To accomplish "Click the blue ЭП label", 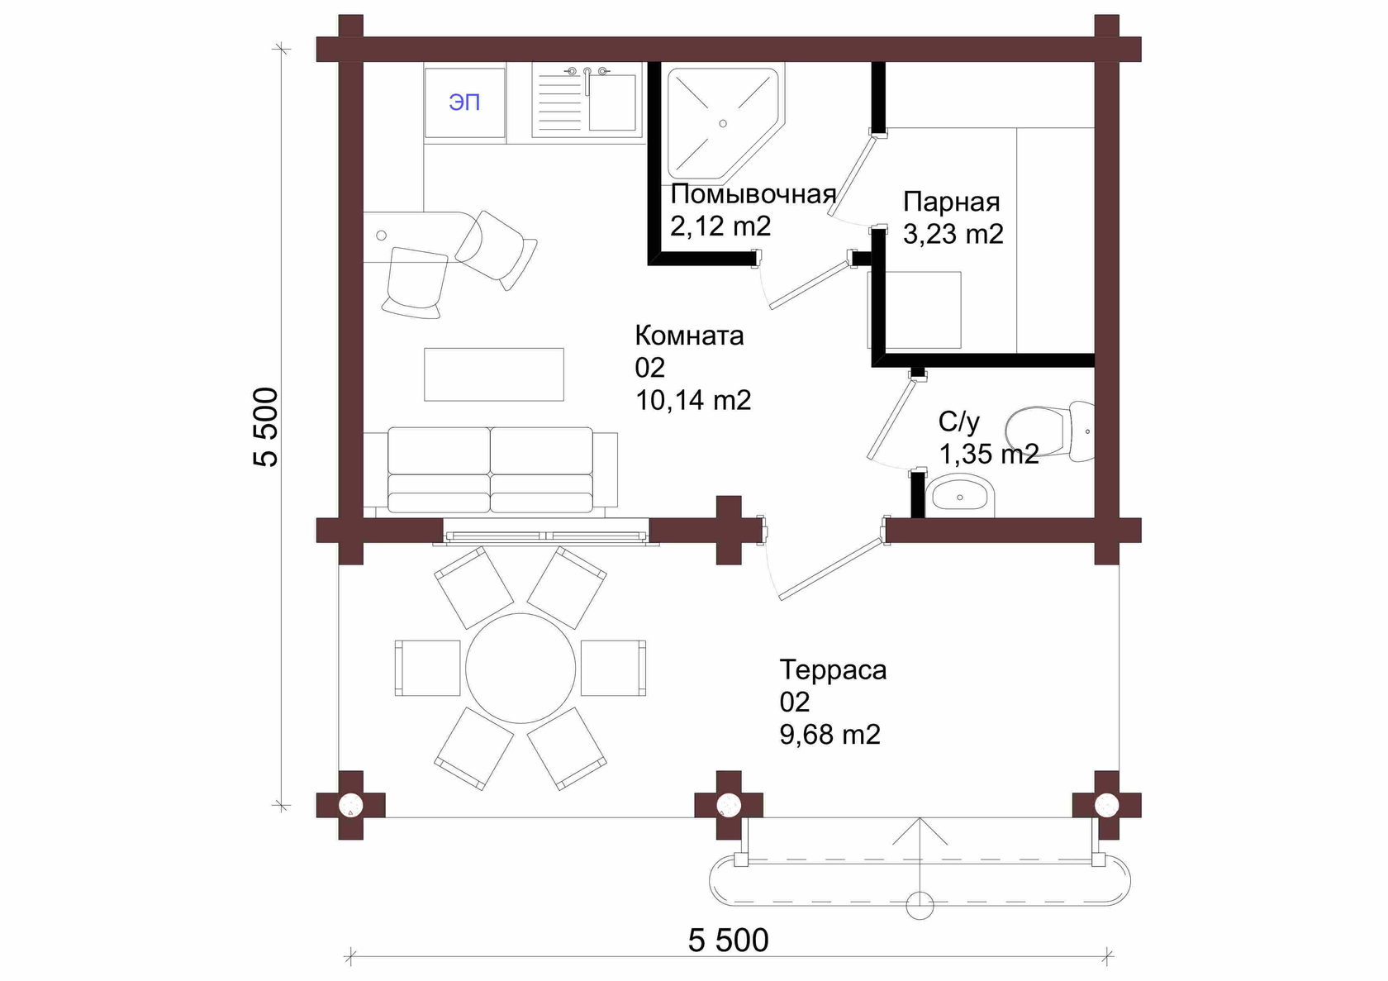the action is [x=464, y=102].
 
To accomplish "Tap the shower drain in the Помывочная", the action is [x=722, y=124].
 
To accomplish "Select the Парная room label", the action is [x=951, y=202].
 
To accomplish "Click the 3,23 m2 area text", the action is [x=953, y=234].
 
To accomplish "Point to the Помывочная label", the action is [x=753, y=194].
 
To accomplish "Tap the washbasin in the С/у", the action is [x=960, y=496].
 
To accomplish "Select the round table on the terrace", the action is [x=520, y=668].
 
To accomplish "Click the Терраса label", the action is [x=833, y=670].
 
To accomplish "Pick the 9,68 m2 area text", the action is [x=829, y=735].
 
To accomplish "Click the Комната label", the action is [x=689, y=336].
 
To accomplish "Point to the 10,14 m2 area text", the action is [x=692, y=400].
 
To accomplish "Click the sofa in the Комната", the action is [x=490, y=470].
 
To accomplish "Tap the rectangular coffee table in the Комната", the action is [x=494, y=374].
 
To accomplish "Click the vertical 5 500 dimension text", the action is [x=266, y=427].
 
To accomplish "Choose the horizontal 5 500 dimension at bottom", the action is [x=728, y=941].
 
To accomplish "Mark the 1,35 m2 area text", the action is [x=989, y=455].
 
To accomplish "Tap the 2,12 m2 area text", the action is [x=720, y=226].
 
